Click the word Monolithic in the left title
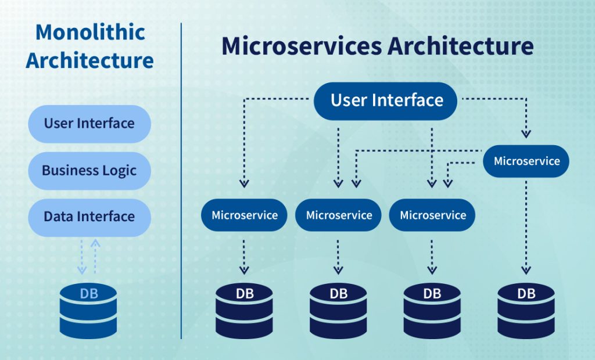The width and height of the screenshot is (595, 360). coord(89,32)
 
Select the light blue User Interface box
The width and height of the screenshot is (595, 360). coord(89,124)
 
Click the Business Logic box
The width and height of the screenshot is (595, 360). coord(89,171)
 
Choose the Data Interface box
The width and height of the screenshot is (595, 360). coord(89,217)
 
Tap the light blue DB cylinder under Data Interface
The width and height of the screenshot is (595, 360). coord(89,311)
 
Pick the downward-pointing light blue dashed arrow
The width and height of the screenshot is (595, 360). coord(82,255)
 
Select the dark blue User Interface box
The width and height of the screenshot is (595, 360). coord(386,100)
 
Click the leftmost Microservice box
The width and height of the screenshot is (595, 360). coord(245,215)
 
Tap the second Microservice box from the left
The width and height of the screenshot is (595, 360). coord(339,215)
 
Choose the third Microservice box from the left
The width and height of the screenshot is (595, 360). coord(432,215)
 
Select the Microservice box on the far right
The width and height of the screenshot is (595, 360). coord(526,161)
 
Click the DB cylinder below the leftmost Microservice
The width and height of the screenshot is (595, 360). coord(244,311)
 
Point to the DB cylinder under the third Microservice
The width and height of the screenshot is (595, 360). coord(432,311)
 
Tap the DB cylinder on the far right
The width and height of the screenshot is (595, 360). coord(526,311)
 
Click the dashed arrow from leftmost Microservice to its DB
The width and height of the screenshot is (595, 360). coord(245,255)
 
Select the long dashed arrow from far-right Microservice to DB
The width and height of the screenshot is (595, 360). coord(526,226)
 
